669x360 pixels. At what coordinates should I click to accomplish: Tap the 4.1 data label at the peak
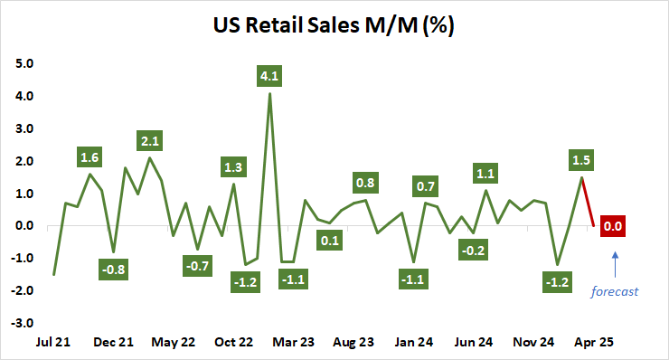pyautogui.click(x=269, y=78)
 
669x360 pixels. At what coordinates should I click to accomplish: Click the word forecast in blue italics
pyautogui.click(x=615, y=291)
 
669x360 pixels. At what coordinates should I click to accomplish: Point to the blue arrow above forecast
pyautogui.click(x=615, y=265)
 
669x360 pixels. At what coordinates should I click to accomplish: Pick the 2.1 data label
pyautogui.click(x=150, y=141)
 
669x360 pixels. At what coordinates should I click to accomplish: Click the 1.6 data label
pyautogui.click(x=90, y=157)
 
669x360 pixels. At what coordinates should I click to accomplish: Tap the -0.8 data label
pyautogui.click(x=114, y=269)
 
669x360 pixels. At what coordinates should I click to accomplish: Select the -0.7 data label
pyautogui.click(x=198, y=266)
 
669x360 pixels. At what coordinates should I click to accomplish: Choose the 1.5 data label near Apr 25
pyautogui.click(x=581, y=160)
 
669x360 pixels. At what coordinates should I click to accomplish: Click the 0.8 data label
pyautogui.click(x=365, y=183)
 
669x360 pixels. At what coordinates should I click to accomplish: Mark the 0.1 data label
pyautogui.click(x=329, y=241)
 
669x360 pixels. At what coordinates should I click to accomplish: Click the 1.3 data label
pyautogui.click(x=233, y=166)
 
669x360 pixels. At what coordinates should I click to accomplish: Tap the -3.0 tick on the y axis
pyautogui.click(x=22, y=323)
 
